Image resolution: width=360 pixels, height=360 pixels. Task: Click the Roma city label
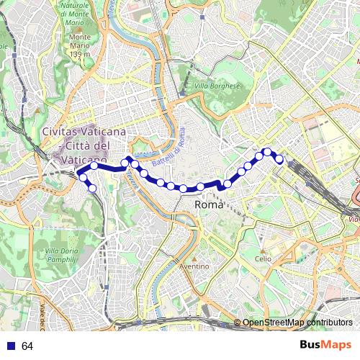click(x=209, y=204)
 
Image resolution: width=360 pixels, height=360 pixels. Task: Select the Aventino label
click(x=194, y=266)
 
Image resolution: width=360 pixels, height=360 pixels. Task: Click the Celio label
click(x=263, y=258)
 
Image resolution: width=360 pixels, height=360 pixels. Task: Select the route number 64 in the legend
click(x=27, y=346)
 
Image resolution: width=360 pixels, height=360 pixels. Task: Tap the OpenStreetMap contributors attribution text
click(x=297, y=323)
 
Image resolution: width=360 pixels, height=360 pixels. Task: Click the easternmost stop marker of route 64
click(x=279, y=158)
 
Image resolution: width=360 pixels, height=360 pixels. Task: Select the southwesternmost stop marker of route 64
click(x=92, y=189)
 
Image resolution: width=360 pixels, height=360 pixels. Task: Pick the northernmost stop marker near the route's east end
click(x=267, y=151)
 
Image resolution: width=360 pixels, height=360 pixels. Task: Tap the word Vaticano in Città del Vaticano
click(x=84, y=158)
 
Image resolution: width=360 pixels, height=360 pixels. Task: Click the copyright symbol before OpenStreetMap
click(x=238, y=323)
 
